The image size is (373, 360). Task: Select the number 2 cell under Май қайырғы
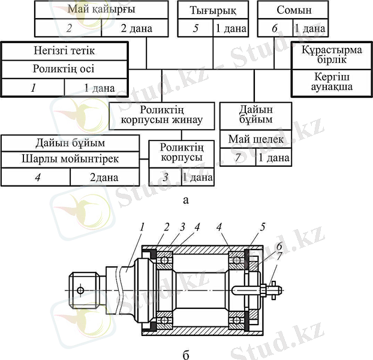[x=70, y=28]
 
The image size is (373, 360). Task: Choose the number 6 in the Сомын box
[x=275, y=28]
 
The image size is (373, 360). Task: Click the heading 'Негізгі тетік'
[x=64, y=50]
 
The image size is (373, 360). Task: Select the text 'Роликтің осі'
[x=64, y=68]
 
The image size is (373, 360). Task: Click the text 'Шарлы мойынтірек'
[x=75, y=159]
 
